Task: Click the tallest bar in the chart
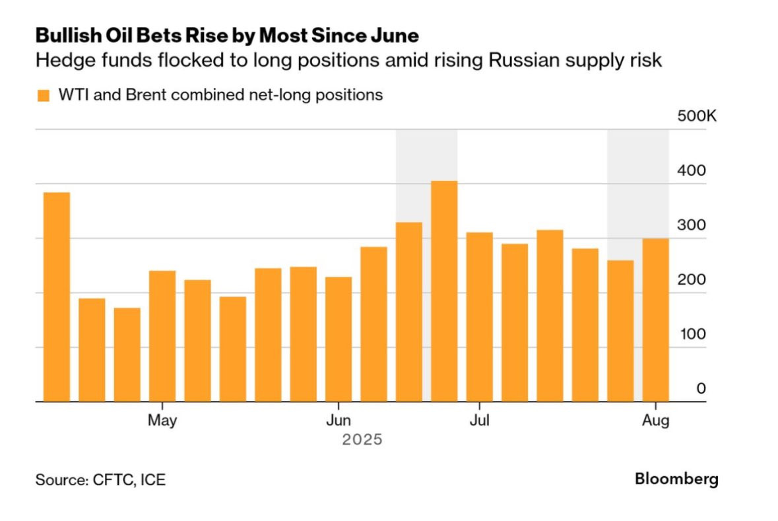tap(444, 291)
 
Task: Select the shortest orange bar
tap(127, 354)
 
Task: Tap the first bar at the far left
tap(56, 296)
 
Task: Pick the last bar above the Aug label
tap(656, 320)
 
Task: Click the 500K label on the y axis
tap(696, 116)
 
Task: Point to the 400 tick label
tap(692, 170)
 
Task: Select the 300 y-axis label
tap(692, 225)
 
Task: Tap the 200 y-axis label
tap(692, 279)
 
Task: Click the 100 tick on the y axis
tap(692, 334)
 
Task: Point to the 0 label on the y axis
tap(701, 388)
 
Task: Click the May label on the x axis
tap(162, 421)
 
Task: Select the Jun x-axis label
tap(339, 421)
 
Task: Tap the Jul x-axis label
tap(479, 421)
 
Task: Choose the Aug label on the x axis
tap(656, 421)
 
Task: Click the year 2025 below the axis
tap(362, 439)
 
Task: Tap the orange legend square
tap(44, 96)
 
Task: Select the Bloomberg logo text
tap(676, 479)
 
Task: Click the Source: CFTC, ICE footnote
tap(100, 480)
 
